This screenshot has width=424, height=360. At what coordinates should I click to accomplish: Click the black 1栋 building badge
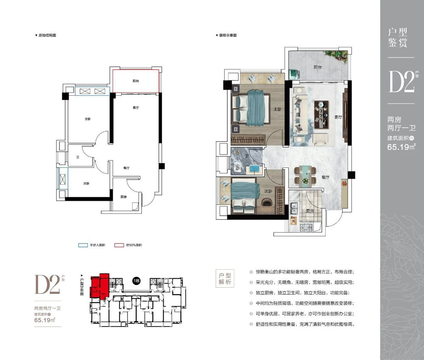click(137, 282)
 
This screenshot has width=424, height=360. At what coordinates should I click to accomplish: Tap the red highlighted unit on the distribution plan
click(100, 286)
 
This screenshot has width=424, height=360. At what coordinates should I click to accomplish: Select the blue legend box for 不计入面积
click(82, 245)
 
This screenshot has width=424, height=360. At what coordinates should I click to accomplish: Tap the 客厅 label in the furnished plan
click(338, 117)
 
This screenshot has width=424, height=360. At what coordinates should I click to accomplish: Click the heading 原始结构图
click(47, 36)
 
